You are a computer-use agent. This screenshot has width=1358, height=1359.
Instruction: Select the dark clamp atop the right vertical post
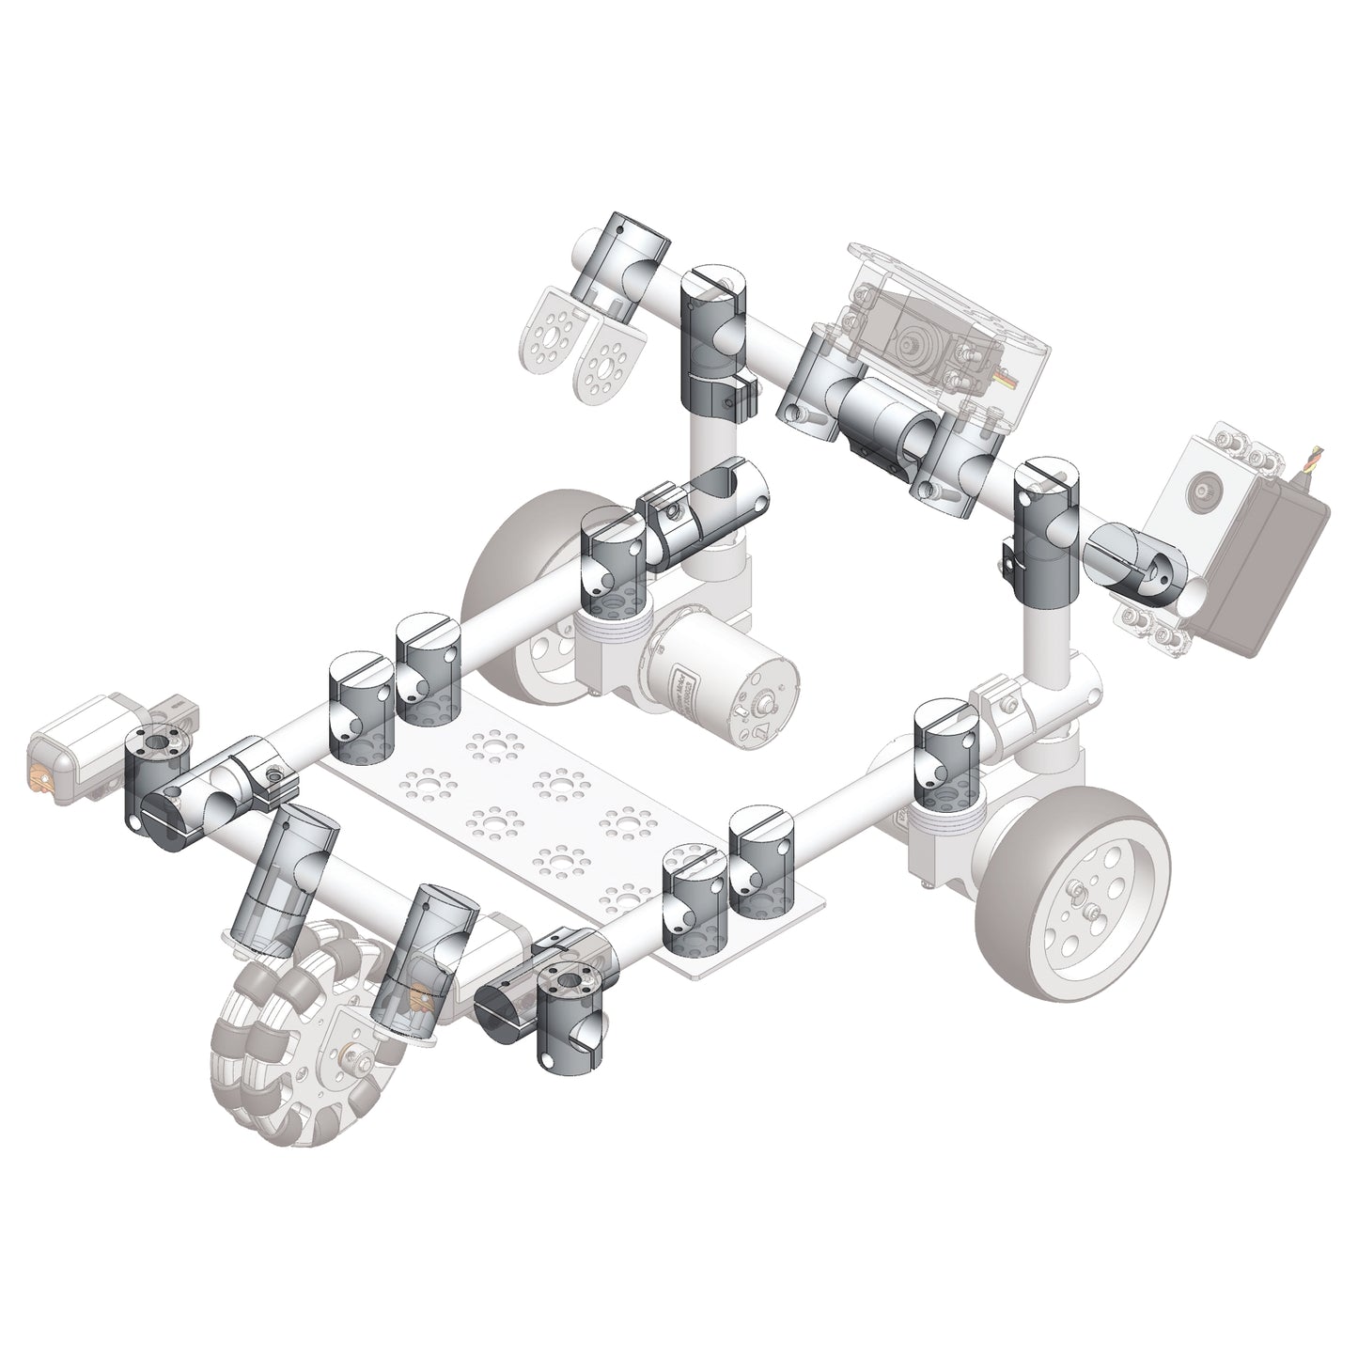click(1045, 531)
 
